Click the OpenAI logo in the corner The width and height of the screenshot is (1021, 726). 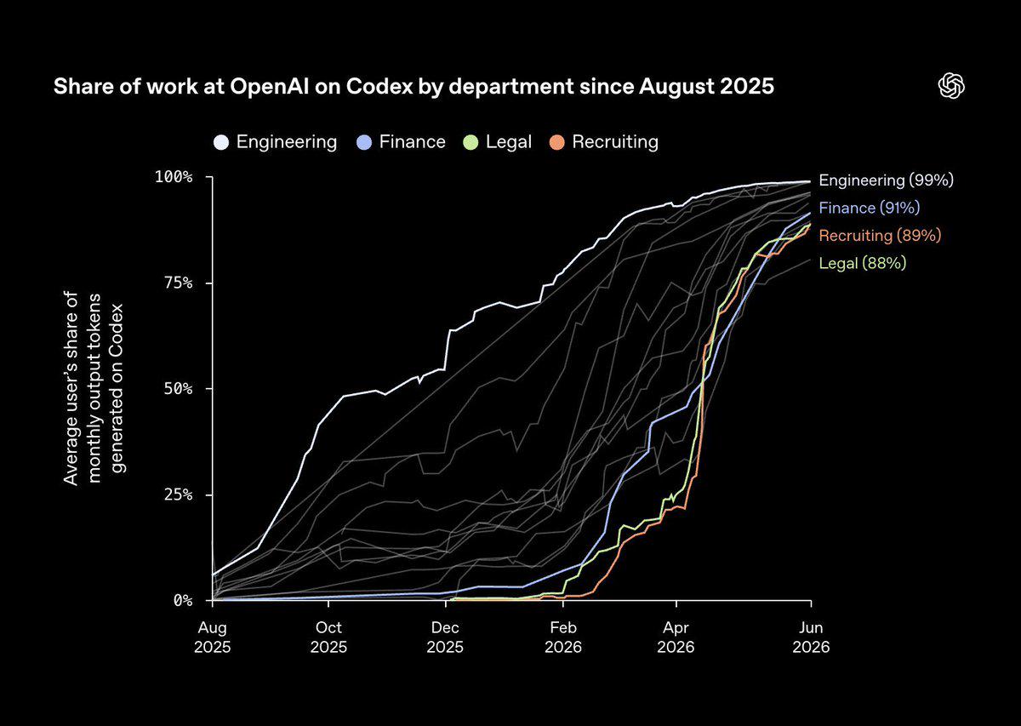click(x=951, y=86)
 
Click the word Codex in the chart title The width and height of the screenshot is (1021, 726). click(x=379, y=86)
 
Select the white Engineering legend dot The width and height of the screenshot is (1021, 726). click(x=221, y=142)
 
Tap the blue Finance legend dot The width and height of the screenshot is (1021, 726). click(x=364, y=142)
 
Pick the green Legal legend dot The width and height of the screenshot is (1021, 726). click(x=471, y=142)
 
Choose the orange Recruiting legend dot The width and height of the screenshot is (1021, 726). click(x=556, y=142)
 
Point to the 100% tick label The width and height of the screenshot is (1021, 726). click(x=174, y=177)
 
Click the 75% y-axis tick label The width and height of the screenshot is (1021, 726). click(x=178, y=283)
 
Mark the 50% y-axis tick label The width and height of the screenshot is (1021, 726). click(x=178, y=389)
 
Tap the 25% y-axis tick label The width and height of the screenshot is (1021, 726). click(x=178, y=494)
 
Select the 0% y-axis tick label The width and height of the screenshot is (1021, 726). click(x=183, y=601)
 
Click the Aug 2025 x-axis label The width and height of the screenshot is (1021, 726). click(x=213, y=637)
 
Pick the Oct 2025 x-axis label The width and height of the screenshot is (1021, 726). click(x=328, y=637)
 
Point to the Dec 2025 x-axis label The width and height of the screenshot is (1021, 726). click(x=445, y=637)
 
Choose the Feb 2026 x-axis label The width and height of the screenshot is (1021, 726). click(x=563, y=637)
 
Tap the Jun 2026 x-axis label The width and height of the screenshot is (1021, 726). click(x=811, y=637)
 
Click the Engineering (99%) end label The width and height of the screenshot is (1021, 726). click(x=886, y=180)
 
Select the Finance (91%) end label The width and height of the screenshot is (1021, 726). click(x=870, y=208)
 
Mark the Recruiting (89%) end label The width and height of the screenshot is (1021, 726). click(x=880, y=236)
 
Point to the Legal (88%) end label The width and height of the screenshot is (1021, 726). click(x=863, y=263)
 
